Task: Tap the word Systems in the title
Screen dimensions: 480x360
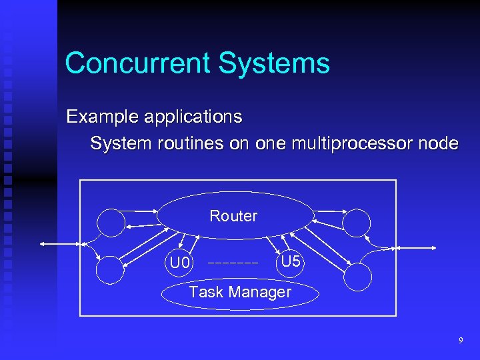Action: (273, 64)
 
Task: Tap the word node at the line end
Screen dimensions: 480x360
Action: (439, 143)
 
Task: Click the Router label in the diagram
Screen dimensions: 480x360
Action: (233, 216)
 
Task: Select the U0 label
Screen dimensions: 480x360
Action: (180, 263)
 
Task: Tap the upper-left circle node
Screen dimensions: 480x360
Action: (111, 223)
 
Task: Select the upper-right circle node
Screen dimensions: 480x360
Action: (358, 223)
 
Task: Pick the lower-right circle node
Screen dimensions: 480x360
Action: (359, 276)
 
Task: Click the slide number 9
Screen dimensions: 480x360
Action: (460, 341)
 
